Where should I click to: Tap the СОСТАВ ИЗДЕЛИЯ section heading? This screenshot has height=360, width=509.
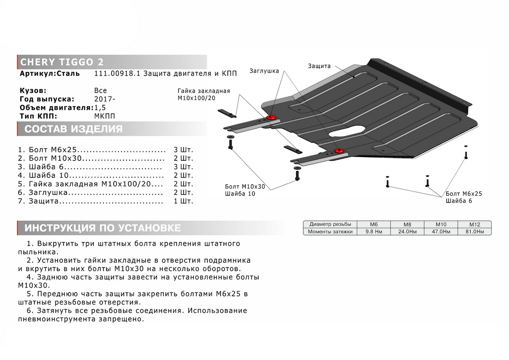pos(73,129)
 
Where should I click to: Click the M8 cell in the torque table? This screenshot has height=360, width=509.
pos(407,224)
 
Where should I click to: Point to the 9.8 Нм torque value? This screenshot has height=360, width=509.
pos(374,232)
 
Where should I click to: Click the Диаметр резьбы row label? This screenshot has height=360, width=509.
pos(330,224)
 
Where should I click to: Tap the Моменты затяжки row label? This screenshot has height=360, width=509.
pos(330,232)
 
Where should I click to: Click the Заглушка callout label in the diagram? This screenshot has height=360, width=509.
pos(264,71)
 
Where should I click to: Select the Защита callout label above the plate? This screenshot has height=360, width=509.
pos(319,66)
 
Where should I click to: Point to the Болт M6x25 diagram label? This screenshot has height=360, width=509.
pos(464,194)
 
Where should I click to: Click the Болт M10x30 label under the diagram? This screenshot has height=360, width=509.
pos(245,186)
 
